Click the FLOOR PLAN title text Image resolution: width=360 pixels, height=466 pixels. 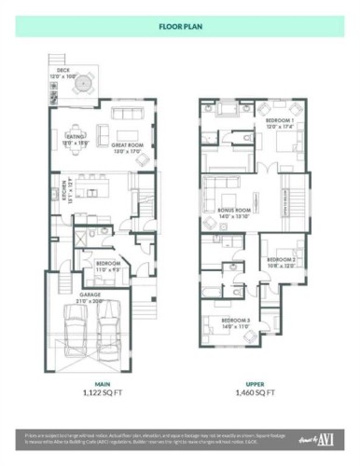pyautogui.click(x=180, y=25)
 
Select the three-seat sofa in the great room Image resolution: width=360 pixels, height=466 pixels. pyautogui.click(x=127, y=114)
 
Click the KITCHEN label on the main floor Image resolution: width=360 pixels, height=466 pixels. pyautogui.click(x=56, y=193)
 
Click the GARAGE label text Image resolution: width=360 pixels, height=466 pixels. pyautogui.click(x=90, y=294)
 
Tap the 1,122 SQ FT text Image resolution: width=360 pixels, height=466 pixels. pyautogui.click(x=91, y=393)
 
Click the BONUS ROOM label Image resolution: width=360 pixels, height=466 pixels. pyautogui.click(x=234, y=212)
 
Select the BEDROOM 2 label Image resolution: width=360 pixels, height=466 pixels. pyautogui.click(x=280, y=260)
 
